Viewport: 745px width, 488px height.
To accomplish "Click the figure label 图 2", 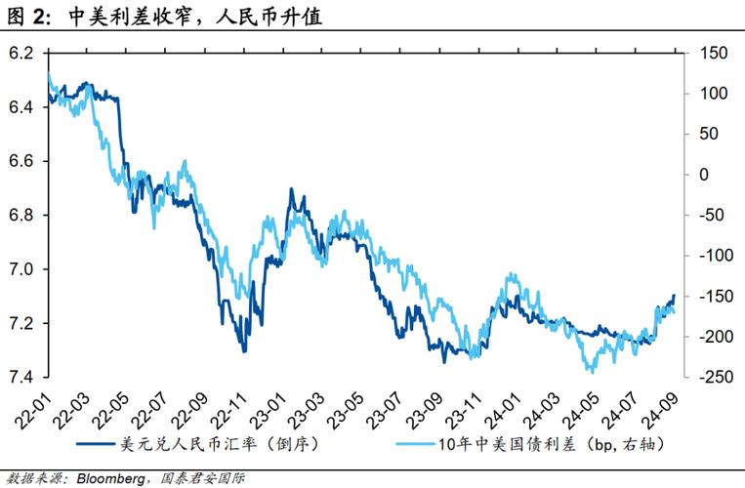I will coord(29,16).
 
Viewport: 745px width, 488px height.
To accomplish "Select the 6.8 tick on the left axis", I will coord(20,215).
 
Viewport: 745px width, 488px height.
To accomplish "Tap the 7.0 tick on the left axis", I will coord(20,268).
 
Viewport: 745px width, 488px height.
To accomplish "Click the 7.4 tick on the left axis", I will coord(20,377).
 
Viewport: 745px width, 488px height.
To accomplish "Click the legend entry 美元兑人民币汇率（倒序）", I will coord(210,445).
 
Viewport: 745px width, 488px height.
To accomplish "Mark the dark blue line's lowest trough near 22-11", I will coord(243,350).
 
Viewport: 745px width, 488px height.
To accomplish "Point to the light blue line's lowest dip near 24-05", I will coord(590,371).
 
